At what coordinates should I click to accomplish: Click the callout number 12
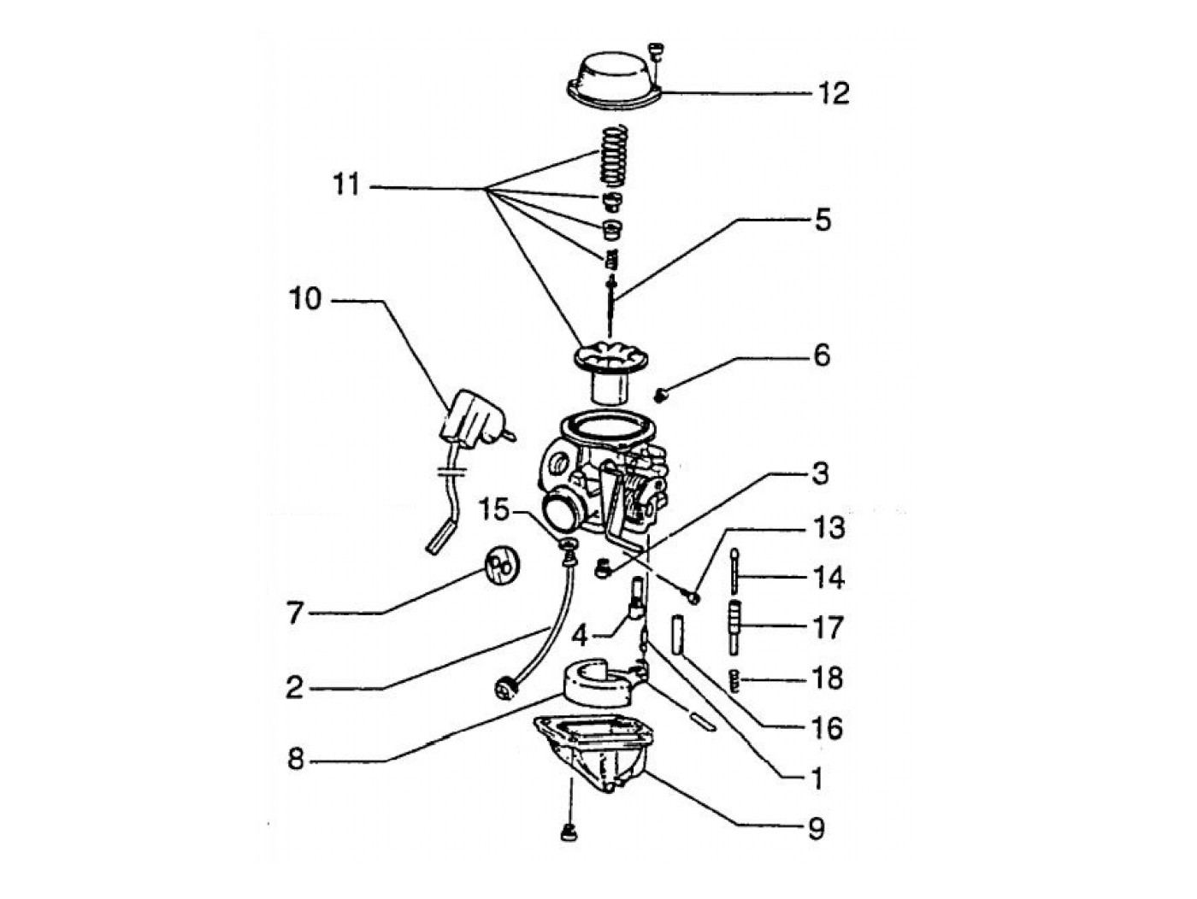[x=833, y=91]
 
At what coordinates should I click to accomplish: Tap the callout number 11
[x=346, y=185]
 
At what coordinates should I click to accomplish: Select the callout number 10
[x=304, y=299]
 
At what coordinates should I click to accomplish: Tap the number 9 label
[x=816, y=827]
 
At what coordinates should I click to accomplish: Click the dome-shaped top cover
[x=614, y=83]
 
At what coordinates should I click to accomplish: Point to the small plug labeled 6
[x=660, y=394]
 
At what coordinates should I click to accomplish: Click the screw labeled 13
[x=691, y=596]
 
